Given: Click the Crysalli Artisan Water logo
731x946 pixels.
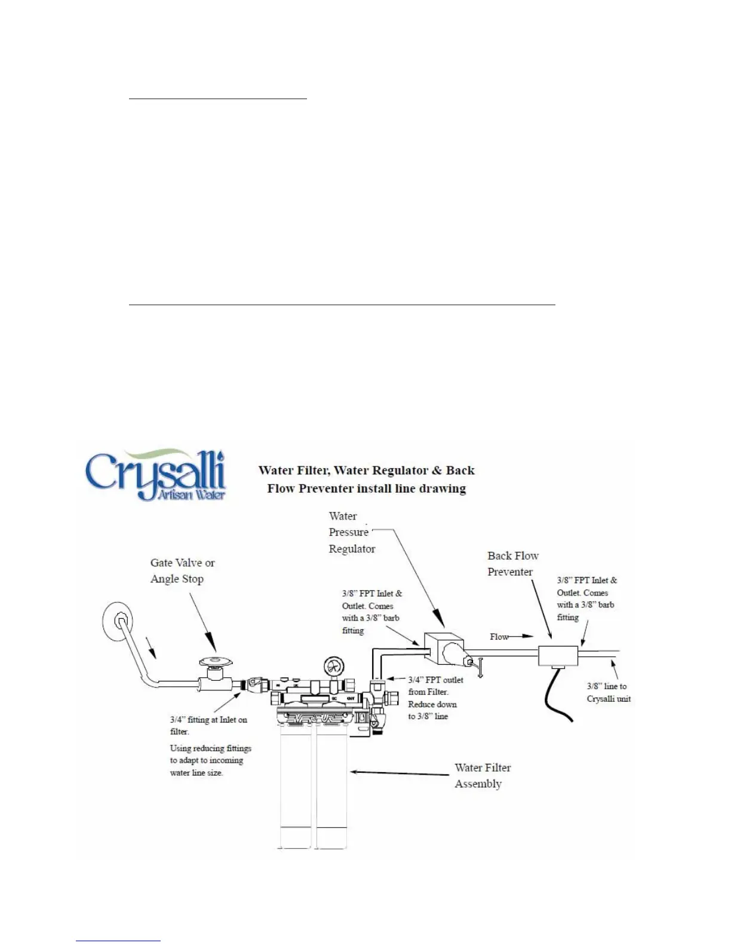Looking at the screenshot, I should (155, 475).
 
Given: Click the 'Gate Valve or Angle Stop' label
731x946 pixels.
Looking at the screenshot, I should (182, 571).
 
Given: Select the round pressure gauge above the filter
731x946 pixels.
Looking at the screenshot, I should (331, 665).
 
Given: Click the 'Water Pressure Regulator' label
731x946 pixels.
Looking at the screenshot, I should (351, 532).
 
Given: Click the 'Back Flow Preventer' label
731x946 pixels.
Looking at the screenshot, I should (512, 564).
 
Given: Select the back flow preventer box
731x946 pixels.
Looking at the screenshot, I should (558, 655).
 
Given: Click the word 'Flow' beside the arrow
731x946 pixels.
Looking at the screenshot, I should (499, 637).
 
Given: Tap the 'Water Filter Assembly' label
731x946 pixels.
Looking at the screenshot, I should (483, 776).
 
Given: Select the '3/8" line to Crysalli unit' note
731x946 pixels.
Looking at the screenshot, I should (609, 693).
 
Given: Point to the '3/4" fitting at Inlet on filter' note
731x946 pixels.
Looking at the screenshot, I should (208, 726).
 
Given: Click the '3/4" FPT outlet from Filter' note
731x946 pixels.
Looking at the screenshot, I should (435, 686).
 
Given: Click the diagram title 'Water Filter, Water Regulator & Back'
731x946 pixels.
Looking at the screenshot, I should (366, 471).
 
